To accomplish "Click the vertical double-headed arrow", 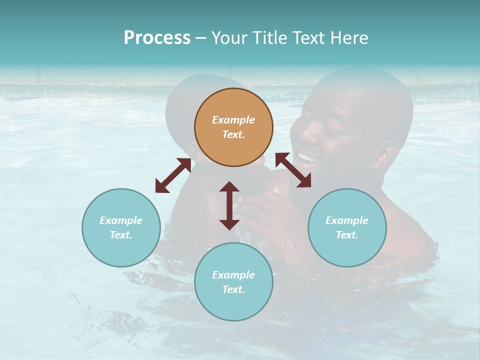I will tap(229, 205).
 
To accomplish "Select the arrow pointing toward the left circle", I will tap(173, 175).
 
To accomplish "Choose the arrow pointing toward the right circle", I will tap(293, 170).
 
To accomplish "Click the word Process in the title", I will tap(157, 37).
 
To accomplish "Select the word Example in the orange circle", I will tap(233, 120).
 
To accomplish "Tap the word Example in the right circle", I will tap(347, 220).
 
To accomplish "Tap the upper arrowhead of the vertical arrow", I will tap(229, 186).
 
